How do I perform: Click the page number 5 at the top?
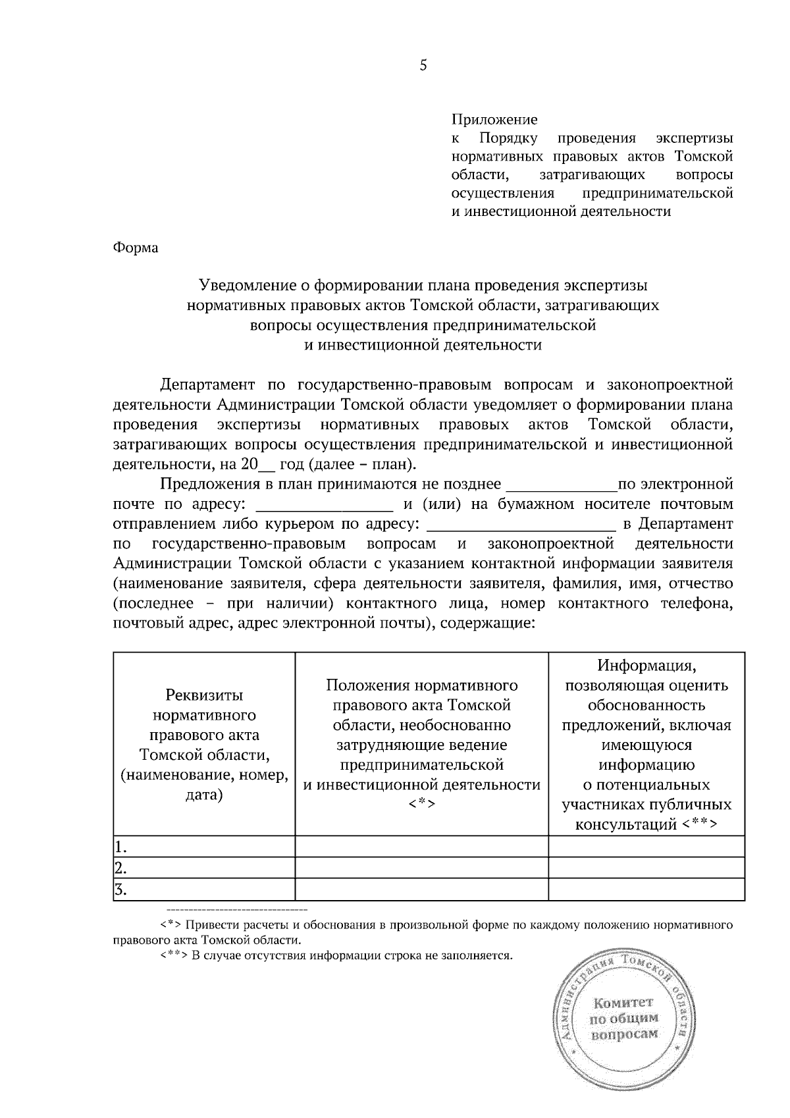pos(423,65)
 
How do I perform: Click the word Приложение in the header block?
pos(494,120)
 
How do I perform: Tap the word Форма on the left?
pos(136,248)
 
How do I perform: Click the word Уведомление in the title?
pos(245,285)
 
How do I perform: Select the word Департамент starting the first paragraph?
pos(207,385)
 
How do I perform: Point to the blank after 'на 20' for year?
pos(266,466)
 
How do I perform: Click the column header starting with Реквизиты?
pos(204,745)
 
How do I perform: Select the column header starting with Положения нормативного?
pos(421,745)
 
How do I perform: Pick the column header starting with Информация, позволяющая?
pos(646,745)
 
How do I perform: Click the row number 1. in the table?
pos(120,847)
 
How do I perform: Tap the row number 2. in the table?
pos(120,867)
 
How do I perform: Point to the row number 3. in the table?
pos(120,890)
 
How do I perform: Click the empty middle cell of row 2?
pos(421,867)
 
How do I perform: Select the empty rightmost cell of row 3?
pos(646,890)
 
